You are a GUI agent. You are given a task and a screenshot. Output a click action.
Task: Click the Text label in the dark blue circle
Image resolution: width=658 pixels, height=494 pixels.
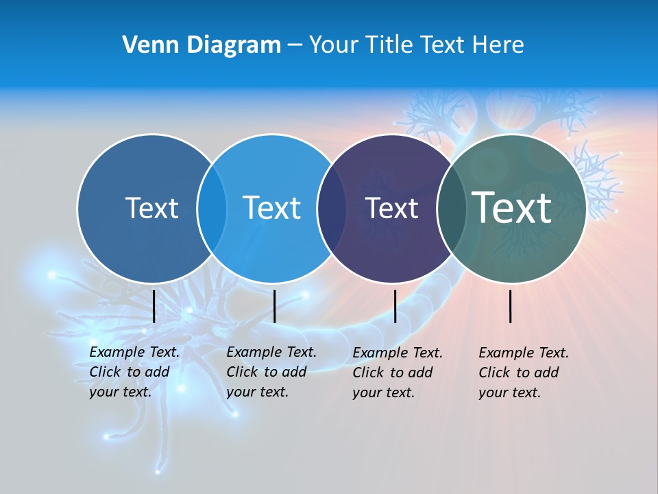151,208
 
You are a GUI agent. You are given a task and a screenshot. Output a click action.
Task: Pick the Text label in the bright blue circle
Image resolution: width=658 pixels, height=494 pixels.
271,208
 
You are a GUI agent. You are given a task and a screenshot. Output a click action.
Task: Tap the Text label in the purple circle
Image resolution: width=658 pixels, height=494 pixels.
392,208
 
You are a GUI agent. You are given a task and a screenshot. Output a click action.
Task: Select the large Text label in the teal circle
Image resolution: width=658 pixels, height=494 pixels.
512,207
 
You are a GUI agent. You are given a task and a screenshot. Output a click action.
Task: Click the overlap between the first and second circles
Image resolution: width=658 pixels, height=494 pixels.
212,209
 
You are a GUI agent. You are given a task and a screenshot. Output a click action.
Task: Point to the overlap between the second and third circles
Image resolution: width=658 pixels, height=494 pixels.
332,209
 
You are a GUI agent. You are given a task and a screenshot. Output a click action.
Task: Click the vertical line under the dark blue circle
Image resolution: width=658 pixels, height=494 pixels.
154,306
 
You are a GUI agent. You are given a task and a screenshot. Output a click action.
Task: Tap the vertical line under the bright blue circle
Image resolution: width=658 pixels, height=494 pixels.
274,306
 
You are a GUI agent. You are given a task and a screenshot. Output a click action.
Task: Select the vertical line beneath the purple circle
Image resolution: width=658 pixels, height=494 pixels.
395,306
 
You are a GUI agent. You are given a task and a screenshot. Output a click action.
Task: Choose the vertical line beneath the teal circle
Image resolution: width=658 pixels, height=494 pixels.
511,306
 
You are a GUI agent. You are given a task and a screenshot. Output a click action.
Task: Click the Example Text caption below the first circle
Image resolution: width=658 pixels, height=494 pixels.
134,372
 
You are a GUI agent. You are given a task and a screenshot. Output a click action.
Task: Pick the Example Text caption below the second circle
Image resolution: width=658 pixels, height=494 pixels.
271,372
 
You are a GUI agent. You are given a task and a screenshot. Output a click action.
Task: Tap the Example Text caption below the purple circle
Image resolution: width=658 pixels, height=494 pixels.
397,373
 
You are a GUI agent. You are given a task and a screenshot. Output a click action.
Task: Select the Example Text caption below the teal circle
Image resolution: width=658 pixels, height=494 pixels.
523,373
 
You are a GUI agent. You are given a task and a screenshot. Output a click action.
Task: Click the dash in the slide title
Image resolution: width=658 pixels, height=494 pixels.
295,45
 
